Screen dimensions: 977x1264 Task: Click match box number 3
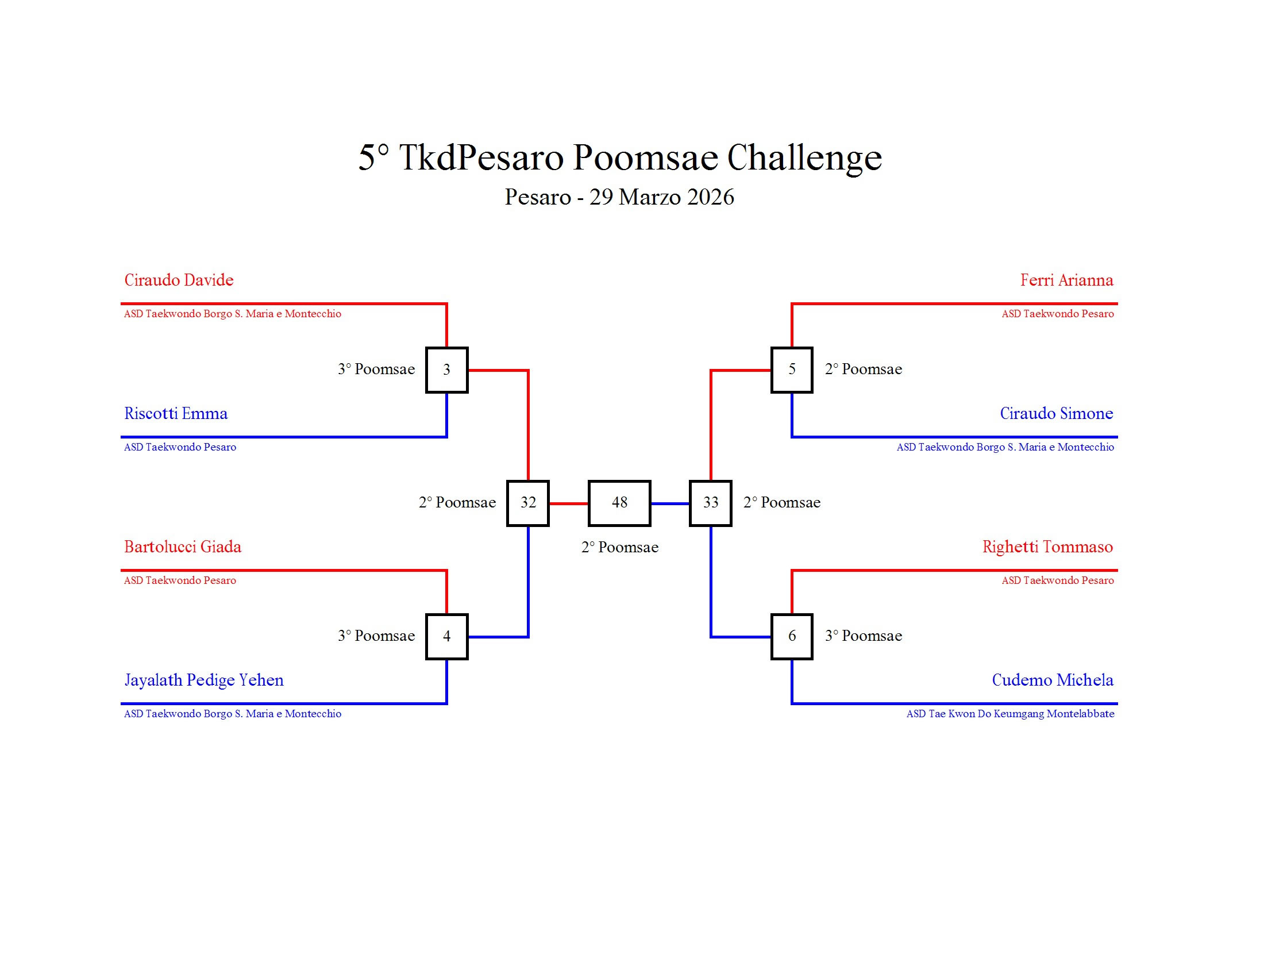click(x=446, y=370)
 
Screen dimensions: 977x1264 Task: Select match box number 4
click(x=446, y=636)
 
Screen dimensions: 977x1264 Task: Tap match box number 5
click(x=792, y=370)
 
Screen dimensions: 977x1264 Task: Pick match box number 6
click(x=792, y=636)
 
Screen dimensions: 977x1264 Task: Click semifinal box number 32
click(x=528, y=503)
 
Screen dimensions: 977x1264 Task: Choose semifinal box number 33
click(x=711, y=503)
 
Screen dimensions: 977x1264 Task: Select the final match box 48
click(x=619, y=503)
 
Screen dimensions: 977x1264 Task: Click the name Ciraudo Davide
click(x=179, y=280)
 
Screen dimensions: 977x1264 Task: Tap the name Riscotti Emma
click(x=176, y=413)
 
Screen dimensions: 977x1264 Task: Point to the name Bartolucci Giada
click(x=183, y=547)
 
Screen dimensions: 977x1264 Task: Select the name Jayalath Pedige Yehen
click(x=205, y=680)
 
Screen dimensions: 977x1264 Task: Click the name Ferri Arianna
click(x=1066, y=280)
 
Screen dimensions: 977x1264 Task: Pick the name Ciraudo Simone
click(x=1056, y=413)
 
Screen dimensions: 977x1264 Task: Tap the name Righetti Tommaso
click(x=1047, y=547)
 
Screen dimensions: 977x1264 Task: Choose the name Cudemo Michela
click(x=1052, y=680)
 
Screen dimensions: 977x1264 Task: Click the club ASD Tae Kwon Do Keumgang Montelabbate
click(x=1010, y=714)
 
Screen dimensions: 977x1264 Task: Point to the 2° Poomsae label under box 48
click(x=620, y=548)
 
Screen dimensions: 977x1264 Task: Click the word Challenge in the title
click(x=804, y=157)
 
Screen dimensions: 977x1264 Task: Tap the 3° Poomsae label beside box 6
click(x=864, y=636)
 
